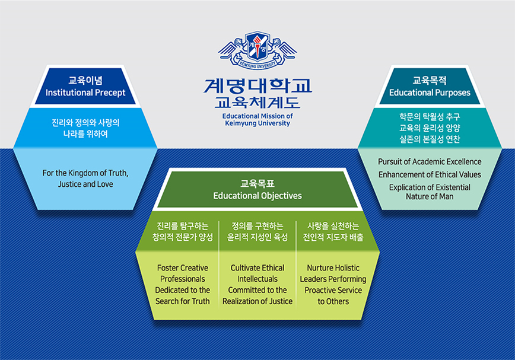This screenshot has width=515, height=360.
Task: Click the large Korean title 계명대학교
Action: point(257,86)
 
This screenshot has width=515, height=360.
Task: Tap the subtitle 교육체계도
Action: point(257,103)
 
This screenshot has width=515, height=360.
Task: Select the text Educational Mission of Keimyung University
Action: point(257,120)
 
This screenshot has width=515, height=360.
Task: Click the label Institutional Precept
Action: point(85,93)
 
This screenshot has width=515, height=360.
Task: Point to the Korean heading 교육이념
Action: point(85,81)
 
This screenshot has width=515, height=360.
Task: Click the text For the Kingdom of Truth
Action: point(85,173)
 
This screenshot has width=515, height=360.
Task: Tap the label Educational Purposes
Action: point(430,93)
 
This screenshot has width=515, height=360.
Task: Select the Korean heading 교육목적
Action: point(430,81)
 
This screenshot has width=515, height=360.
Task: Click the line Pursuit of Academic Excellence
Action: point(430,162)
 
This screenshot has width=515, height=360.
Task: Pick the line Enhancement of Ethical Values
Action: point(430,174)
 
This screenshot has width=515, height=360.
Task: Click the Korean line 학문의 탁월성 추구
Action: point(430,116)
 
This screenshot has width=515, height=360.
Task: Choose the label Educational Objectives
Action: point(257,196)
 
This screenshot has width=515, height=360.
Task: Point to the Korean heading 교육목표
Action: point(257,183)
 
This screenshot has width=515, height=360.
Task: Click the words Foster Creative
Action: point(183,268)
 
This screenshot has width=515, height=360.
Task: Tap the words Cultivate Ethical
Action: point(257,268)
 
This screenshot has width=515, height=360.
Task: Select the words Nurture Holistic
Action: point(333,268)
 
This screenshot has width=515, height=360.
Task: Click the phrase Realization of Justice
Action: point(257,301)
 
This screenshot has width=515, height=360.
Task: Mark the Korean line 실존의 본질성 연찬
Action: point(430,139)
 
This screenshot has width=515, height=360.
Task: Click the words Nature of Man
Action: point(430,196)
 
